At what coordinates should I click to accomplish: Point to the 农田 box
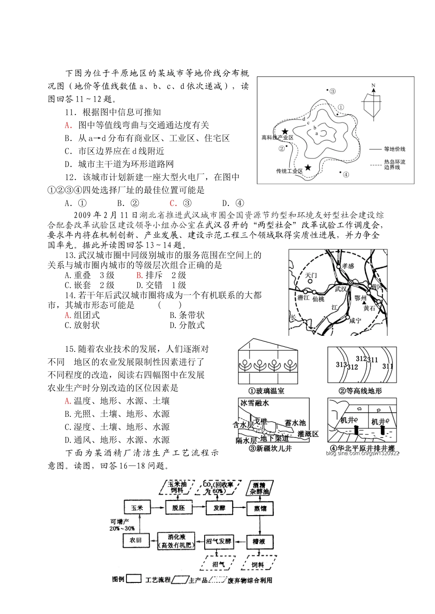pos(136,540)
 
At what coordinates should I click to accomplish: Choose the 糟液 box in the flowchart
pos(259,540)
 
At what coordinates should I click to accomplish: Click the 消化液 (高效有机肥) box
pos(176,540)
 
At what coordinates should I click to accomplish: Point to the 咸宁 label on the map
pos(355,321)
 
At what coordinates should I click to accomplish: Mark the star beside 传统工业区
pos(308,168)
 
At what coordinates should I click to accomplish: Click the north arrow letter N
pos(374,86)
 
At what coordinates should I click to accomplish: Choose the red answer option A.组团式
pos(82,315)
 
